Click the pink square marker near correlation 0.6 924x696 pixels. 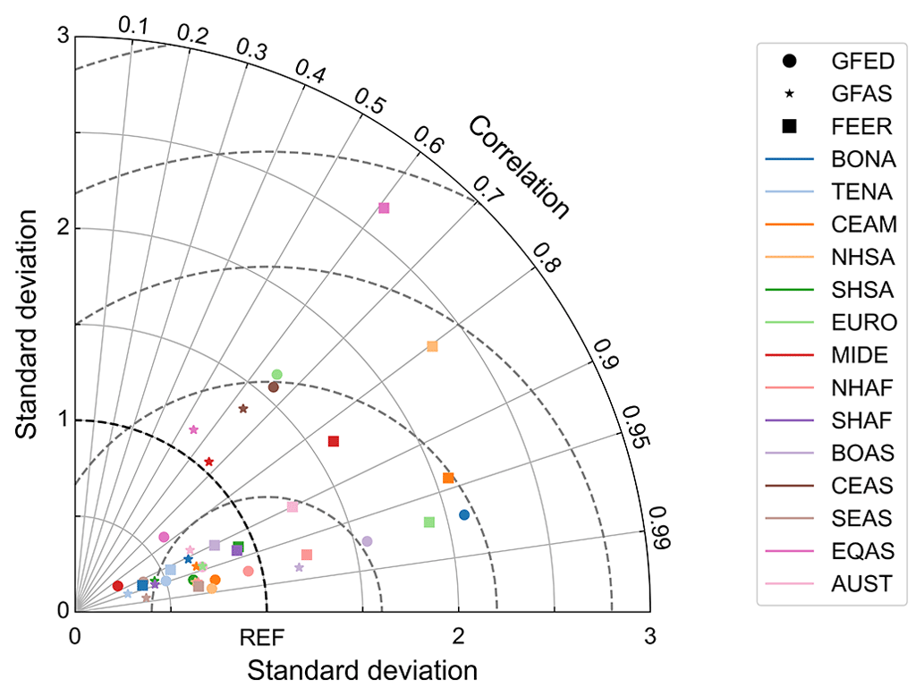384,208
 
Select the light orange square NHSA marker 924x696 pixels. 432,346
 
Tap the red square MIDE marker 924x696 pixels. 334,441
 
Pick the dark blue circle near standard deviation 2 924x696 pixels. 463,514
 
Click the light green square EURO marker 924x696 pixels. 428,522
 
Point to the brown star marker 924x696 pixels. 243,409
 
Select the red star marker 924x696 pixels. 209,462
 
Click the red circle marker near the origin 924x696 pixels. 117,586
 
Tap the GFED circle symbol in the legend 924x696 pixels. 789,62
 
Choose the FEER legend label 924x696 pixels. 861,127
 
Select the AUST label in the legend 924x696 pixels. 861,585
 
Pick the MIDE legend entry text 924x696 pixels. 860,355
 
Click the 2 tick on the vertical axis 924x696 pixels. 62,228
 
